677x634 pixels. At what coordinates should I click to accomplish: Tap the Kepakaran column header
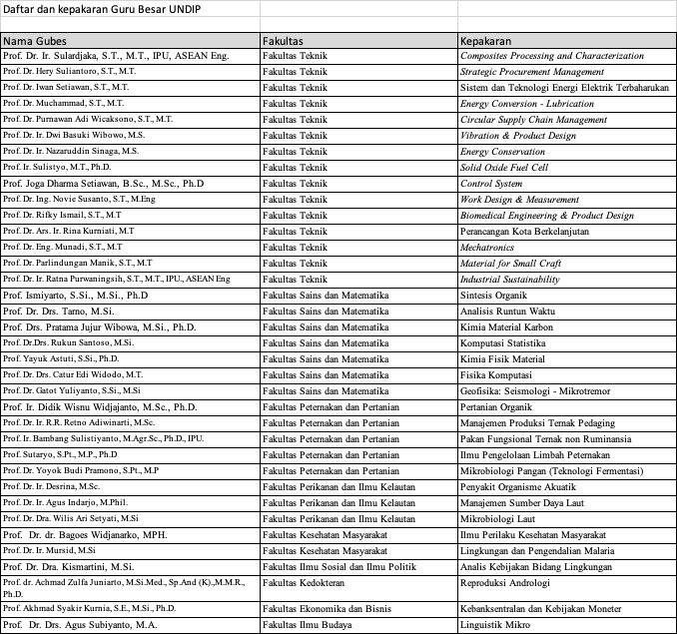(486, 42)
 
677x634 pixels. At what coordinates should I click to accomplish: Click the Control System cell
(491, 184)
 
